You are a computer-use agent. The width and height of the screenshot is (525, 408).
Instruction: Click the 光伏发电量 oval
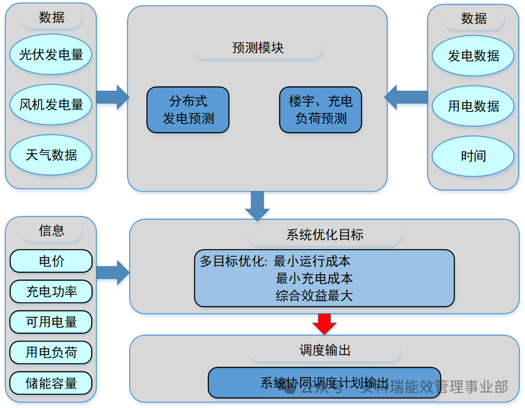point(51,55)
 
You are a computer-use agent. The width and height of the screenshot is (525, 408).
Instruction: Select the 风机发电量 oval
point(51,104)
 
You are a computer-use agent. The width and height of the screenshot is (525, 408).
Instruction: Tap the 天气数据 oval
point(51,154)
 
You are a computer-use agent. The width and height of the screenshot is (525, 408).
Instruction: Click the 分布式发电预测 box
point(188,110)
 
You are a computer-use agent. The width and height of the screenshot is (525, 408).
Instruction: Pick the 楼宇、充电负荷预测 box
point(321,110)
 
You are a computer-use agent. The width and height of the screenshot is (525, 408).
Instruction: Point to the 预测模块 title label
point(258,48)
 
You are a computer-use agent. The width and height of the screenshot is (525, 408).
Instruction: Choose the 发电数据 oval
point(473,56)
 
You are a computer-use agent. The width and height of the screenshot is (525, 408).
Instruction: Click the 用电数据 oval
point(473,106)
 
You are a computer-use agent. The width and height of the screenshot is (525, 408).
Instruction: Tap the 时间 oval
point(473,156)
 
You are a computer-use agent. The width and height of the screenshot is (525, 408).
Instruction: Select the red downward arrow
point(324,324)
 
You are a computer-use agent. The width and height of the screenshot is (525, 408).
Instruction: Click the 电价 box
point(51,261)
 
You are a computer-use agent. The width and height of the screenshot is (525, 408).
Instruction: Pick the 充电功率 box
point(51,292)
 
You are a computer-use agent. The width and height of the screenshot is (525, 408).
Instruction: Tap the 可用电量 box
point(51,322)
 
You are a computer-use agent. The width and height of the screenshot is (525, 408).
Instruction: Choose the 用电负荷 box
point(51,352)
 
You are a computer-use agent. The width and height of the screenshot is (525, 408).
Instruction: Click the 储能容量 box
point(51,383)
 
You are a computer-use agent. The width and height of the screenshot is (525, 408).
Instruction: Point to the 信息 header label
point(51,231)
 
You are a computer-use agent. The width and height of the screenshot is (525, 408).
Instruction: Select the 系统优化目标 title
point(324,235)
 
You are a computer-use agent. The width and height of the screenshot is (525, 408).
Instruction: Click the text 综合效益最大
point(314,296)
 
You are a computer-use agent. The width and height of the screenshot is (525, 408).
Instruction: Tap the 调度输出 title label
point(324,350)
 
